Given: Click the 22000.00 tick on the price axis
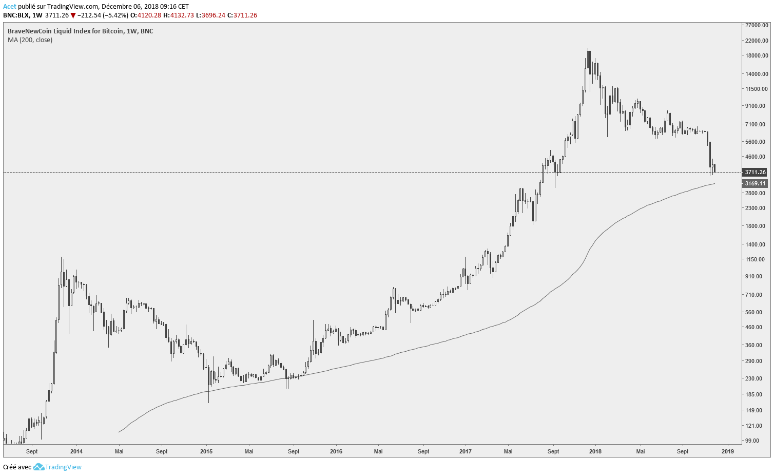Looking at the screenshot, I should point(757,40).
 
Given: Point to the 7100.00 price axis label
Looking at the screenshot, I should point(757,124).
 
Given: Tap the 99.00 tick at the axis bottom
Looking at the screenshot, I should point(753,441).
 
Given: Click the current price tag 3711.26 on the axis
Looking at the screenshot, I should point(755,173).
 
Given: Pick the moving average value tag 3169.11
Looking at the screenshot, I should point(755,183).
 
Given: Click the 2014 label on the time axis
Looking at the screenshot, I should point(76,452).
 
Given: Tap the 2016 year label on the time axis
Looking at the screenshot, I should point(336,452).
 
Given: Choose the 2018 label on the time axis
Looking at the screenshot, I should point(595,452).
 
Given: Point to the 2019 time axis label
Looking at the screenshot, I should point(727,452).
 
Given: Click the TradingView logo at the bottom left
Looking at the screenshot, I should point(57,467).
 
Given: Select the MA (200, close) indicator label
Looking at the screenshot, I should point(30,40).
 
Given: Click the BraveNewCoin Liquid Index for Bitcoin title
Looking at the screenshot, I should point(80,31).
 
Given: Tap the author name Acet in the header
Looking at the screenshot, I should point(9,7).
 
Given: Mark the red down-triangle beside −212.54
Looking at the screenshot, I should point(73,15).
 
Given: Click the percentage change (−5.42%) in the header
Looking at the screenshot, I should point(114,15).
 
